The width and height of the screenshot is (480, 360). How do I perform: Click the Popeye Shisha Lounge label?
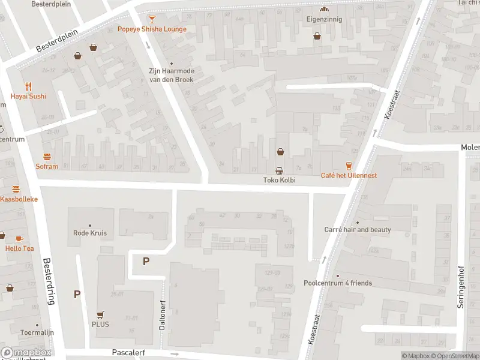click(152, 29)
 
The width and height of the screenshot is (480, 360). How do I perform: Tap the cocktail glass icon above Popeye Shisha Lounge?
click(152, 19)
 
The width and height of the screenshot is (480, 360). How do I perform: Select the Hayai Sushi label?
click(28, 96)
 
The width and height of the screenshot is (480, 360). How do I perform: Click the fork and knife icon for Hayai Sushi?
click(28, 86)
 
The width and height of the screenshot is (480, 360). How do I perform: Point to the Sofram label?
click(47, 166)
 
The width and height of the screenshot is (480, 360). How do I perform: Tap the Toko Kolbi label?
click(280, 180)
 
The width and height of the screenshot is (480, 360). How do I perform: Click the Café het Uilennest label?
click(349, 175)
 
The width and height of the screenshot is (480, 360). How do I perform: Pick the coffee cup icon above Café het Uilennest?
click(349, 165)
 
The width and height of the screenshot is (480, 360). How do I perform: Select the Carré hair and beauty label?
click(358, 230)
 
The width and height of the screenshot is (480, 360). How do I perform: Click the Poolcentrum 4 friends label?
click(338, 283)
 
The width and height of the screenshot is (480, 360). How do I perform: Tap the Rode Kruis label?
click(89, 233)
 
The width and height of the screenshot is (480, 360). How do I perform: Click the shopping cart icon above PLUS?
click(100, 314)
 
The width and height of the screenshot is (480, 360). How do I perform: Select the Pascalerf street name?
click(128, 353)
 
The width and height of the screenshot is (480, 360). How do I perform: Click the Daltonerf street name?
click(162, 316)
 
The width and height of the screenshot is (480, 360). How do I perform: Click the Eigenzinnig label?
click(325, 19)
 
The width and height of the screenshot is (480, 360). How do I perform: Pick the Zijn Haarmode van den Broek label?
click(172, 74)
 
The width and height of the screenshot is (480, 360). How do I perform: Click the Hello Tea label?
click(19, 248)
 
